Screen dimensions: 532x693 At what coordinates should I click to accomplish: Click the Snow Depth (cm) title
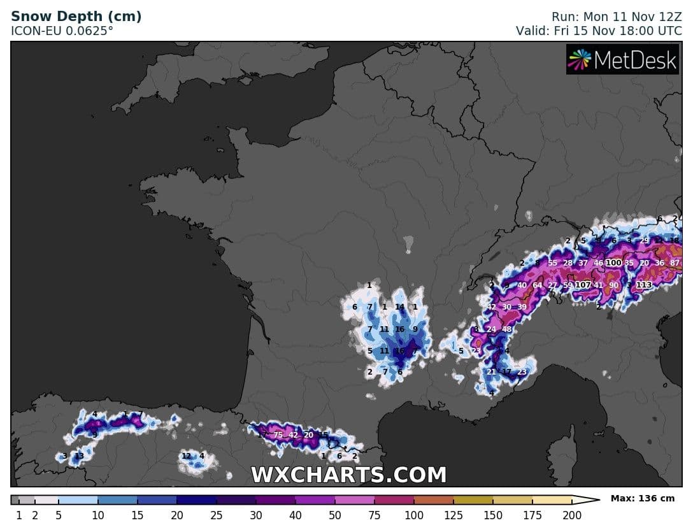[x=76, y=17]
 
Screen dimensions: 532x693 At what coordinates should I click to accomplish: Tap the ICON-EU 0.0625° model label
[x=62, y=30]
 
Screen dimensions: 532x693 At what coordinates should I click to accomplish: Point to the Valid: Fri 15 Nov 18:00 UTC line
[x=599, y=30]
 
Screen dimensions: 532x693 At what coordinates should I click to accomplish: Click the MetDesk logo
[x=622, y=60]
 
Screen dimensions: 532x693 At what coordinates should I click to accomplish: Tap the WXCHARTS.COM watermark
[x=348, y=475]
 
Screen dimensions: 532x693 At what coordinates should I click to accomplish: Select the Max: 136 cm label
[x=642, y=498]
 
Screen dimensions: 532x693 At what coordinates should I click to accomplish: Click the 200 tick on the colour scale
[x=572, y=515]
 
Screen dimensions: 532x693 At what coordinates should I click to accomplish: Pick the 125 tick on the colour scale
[x=454, y=515]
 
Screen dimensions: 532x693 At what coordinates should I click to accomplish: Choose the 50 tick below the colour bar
[x=335, y=515]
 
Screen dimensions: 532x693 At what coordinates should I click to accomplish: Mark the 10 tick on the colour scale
[x=98, y=515]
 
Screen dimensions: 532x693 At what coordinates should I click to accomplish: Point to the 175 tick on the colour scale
[x=532, y=515]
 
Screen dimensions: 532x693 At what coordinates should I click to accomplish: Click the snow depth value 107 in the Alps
[x=583, y=285]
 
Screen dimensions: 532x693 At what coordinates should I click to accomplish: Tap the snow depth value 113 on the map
[x=644, y=285]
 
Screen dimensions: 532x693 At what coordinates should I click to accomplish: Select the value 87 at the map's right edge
[x=675, y=263]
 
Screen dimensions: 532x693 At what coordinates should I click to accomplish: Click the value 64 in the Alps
[x=537, y=285]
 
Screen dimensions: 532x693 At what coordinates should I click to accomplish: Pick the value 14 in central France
[x=399, y=307]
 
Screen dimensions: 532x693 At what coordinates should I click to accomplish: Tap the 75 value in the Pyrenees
[x=278, y=435]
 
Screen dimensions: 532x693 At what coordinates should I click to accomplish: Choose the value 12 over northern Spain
[x=186, y=456]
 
